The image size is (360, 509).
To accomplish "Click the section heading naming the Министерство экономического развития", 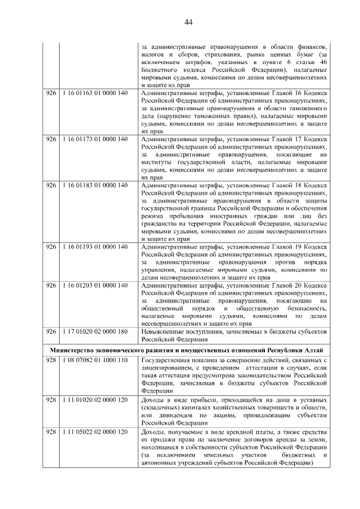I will [x=186, y=349].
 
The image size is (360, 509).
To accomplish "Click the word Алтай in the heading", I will [x=312, y=349].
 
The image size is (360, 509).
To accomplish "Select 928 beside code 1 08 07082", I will [x=51, y=360].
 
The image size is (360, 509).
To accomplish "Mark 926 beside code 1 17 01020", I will [x=51, y=332].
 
